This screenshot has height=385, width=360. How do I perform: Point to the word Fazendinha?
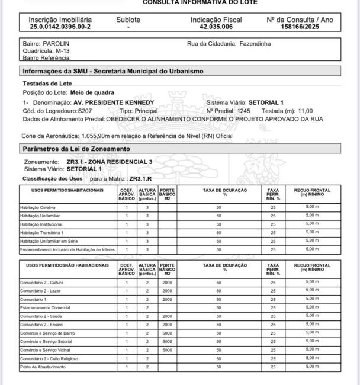coord(255,44)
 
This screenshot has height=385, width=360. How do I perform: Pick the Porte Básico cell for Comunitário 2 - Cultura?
coord(168,283)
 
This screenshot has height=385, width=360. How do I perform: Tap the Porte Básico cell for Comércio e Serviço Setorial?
coord(168,342)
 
